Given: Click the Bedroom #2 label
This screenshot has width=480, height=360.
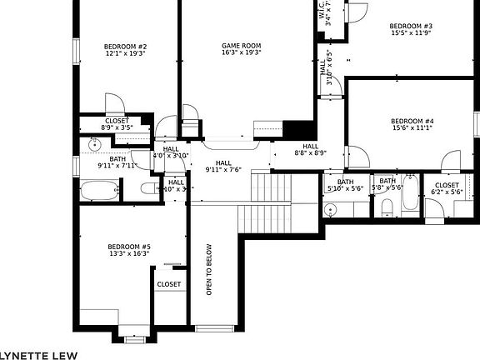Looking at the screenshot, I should pos(125,47).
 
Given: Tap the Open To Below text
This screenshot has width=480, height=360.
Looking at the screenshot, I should pos(209,269).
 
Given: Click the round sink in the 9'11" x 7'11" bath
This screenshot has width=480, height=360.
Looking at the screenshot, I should pos(95,144).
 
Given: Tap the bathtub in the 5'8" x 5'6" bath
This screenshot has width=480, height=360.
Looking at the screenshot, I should pos(409,195).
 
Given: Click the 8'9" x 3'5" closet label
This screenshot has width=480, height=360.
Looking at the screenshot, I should pos(117,123).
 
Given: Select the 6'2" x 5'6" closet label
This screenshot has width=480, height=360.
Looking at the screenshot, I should pos(447,188).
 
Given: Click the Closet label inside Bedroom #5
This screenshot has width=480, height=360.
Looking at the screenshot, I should pos(169,284).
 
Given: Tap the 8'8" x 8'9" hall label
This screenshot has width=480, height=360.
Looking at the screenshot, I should pos(310,149).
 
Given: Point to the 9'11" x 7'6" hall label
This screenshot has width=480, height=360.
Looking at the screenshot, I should pos(223,166).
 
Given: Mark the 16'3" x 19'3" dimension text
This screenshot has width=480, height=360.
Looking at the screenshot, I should pos(242,52).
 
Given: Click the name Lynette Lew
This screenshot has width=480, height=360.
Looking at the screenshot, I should pos(37,353).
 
